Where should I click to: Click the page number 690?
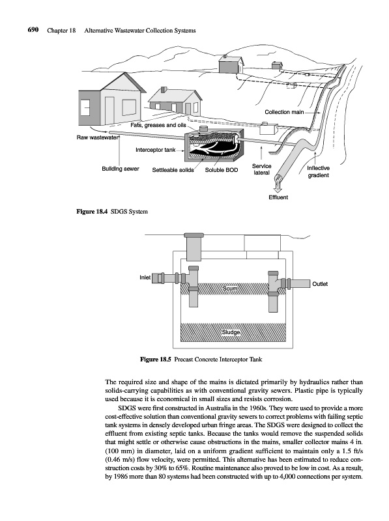(33, 30)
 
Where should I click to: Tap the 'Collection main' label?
(284, 112)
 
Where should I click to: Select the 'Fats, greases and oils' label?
(158, 125)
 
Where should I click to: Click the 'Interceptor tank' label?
(155, 150)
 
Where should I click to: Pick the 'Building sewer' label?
(121, 169)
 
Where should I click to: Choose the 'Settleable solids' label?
(173, 170)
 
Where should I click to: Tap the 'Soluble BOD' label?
(222, 170)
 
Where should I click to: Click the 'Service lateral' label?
(262, 169)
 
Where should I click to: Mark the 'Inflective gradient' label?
(318, 171)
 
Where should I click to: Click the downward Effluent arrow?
(278, 187)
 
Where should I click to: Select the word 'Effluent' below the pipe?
(278, 197)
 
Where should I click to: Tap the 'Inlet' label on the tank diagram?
(145, 277)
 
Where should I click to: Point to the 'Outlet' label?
(320, 284)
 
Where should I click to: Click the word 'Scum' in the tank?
(230, 289)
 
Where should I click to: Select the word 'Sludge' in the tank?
(231, 332)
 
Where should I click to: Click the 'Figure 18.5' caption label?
(156, 359)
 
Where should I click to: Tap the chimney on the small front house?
(164, 90)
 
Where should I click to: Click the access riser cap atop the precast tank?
(194, 235)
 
